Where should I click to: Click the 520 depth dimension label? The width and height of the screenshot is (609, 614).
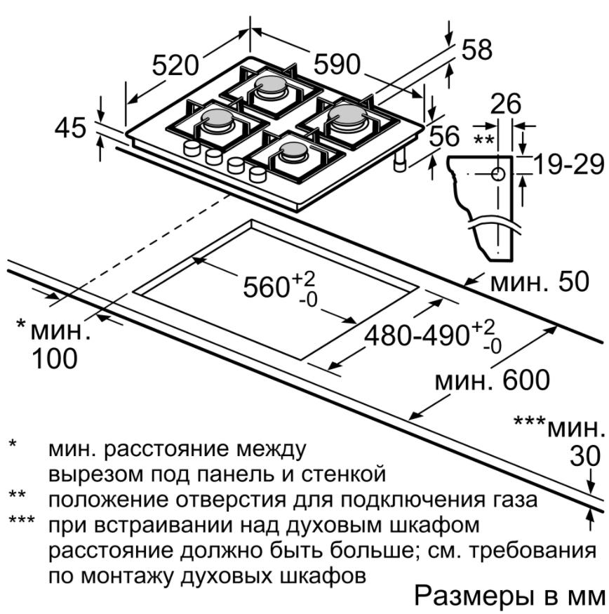click(175, 65)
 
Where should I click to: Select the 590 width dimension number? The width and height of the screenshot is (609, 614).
click(337, 65)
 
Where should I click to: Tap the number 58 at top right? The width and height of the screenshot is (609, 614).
click(476, 50)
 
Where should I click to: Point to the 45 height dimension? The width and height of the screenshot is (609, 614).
click(70, 128)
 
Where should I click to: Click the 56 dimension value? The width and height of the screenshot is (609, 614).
click(444, 135)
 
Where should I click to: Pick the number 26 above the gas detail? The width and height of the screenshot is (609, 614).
click(506, 103)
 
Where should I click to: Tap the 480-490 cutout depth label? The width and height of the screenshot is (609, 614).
click(417, 335)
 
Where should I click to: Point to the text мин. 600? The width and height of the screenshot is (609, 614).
click(493, 380)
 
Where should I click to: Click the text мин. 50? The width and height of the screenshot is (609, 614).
click(540, 281)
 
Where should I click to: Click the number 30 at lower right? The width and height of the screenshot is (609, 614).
click(585, 456)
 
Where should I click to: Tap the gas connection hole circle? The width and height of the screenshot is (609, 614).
click(498, 174)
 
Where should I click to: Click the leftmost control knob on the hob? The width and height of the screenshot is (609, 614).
click(192, 148)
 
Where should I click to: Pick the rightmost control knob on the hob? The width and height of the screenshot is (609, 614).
click(257, 174)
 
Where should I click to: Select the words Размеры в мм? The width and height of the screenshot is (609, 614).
click(509, 596)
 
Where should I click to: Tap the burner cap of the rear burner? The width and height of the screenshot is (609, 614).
click(270, 85)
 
